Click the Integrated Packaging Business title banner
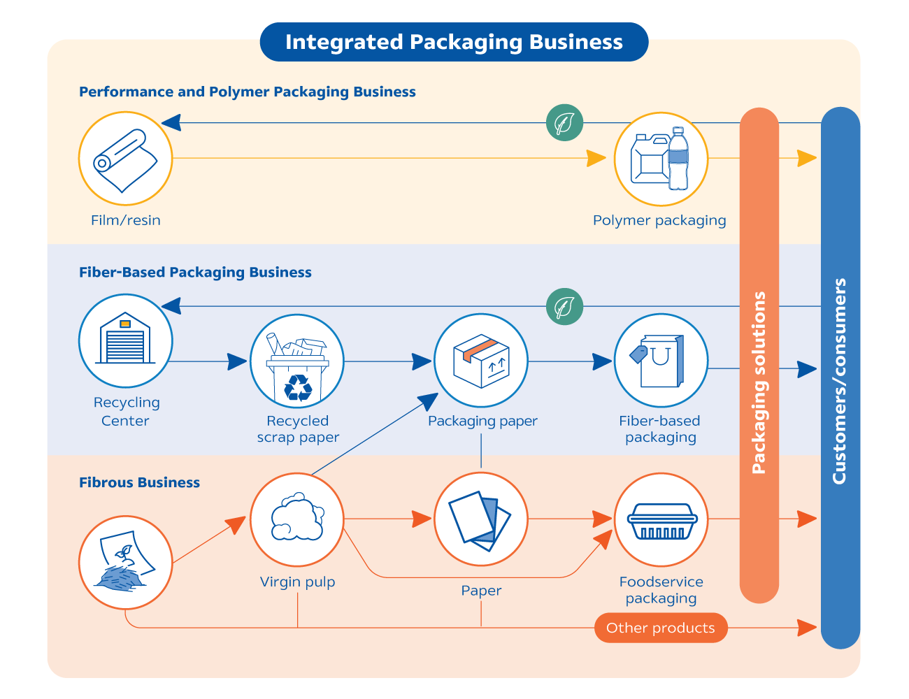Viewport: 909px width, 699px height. (x=454, y=42)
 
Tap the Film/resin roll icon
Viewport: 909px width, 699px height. (x=125, y=159)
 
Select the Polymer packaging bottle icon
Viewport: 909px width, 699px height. (x=661, y=159)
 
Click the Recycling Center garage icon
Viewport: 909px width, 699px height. (x=125, y=341)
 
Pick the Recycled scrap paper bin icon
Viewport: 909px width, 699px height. (x=297, y=361)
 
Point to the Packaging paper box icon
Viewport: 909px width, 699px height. (x=481, y=361)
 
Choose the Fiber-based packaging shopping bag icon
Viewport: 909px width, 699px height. (x=661, y=361)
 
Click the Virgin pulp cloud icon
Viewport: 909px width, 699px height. (x=297, y=519)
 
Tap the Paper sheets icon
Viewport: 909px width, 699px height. (x=481, y=519)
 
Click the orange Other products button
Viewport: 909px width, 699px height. (x=661, y=628)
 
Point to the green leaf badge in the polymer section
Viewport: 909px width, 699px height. (x=564, y=123)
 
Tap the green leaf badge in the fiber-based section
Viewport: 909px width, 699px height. (x=564, y=307)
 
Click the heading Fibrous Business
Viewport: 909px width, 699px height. (x=139, y=482)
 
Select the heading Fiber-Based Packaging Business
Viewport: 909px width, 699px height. (x=195, y=273)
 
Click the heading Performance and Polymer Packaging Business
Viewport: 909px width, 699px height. (x=248, y=92)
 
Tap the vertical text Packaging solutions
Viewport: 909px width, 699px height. (x=759, y=382)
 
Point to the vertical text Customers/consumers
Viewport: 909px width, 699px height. (x=840, y=381)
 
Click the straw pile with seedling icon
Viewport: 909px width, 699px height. (x=125, y=563)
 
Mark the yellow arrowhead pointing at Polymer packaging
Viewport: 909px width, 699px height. (x=596, y=159)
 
